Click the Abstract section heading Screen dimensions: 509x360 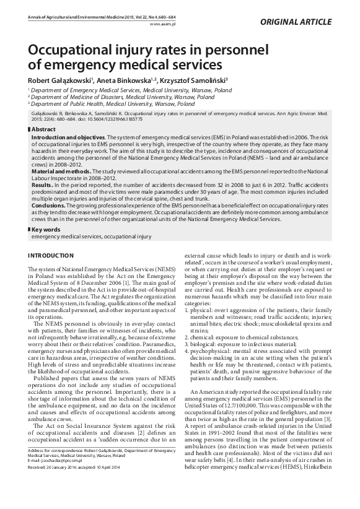click(x=43, y=129)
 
